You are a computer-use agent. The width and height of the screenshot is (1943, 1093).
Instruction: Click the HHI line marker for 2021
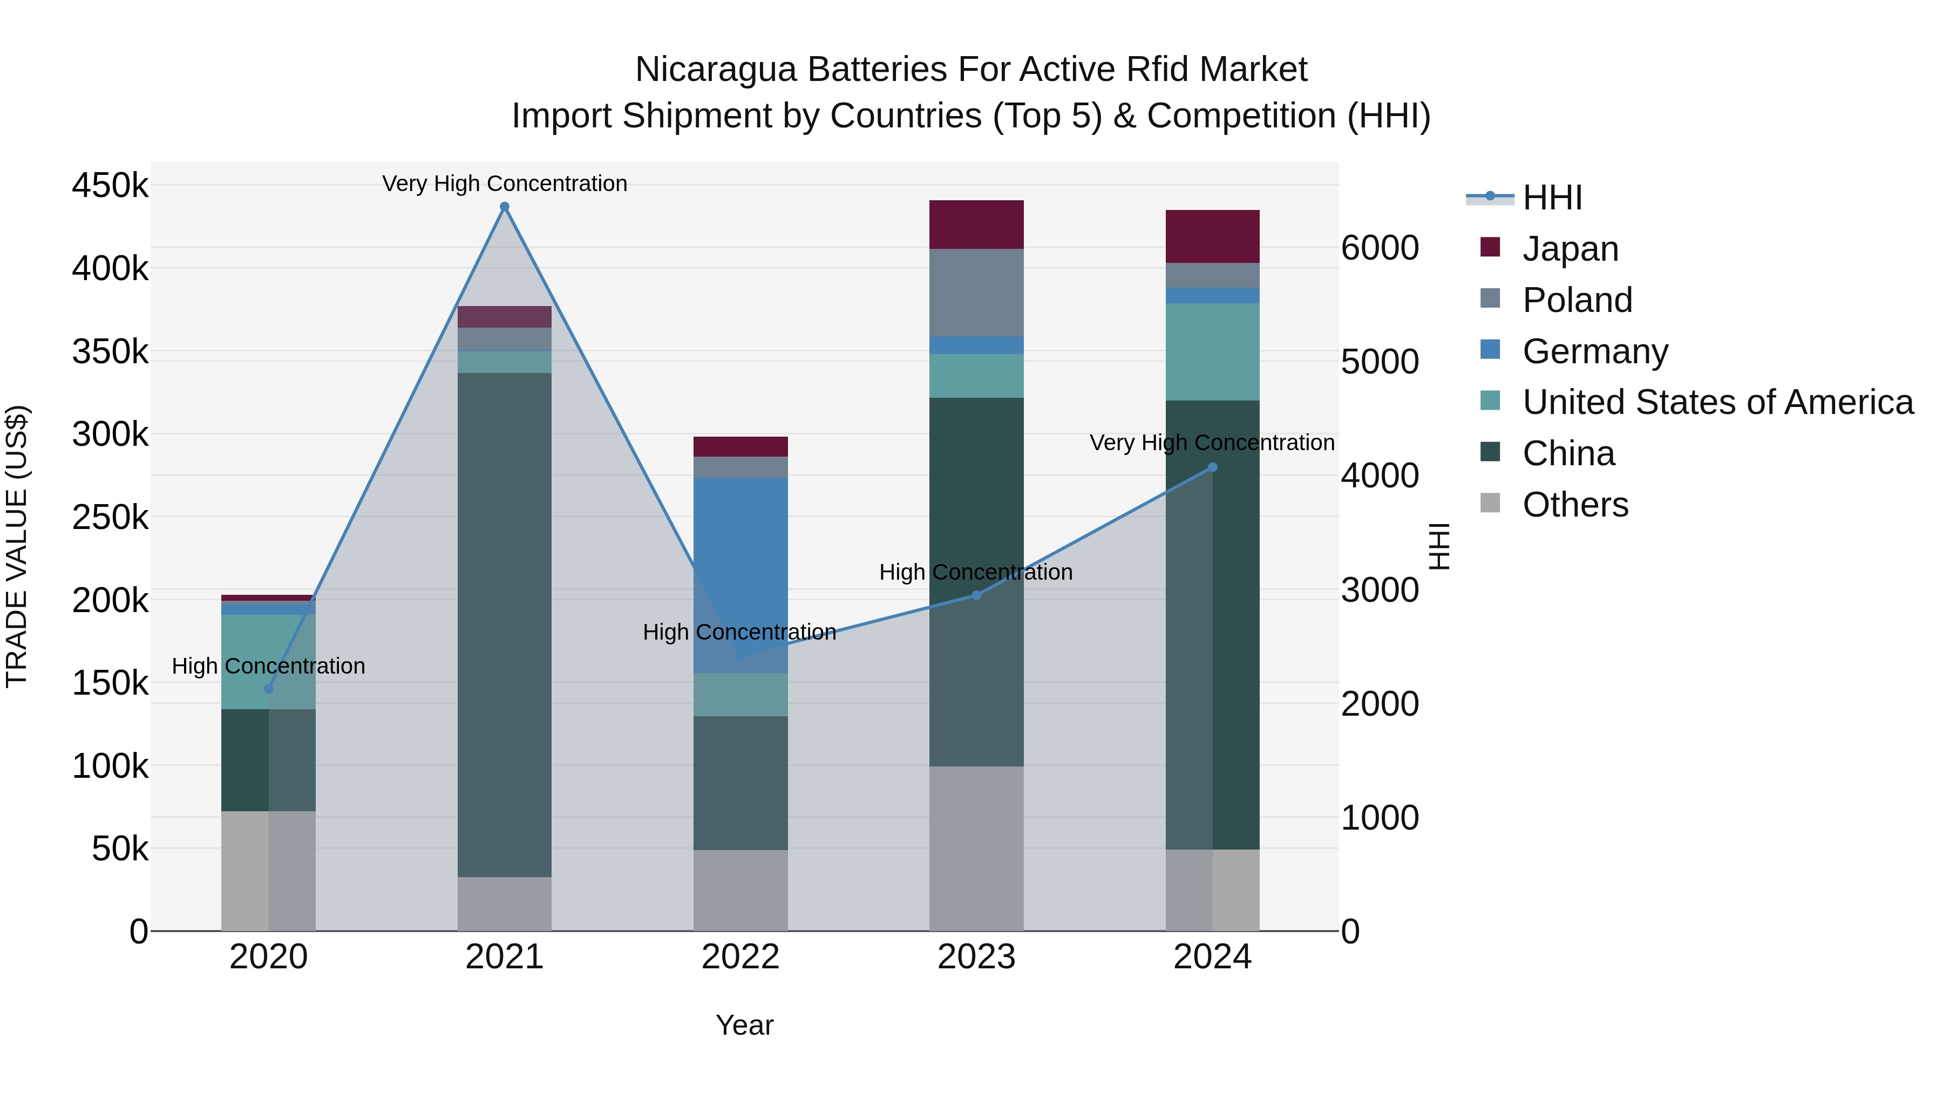(x=505, y=207)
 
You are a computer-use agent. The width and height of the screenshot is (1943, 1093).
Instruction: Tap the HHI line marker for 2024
(x=1212, y=467)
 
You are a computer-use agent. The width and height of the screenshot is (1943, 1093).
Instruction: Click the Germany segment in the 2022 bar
(x=740, y=573)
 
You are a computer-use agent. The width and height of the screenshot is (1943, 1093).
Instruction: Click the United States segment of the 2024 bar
(x=1212, y=351)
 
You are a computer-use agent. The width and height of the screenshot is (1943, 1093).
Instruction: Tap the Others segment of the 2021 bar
(x=505, y=904)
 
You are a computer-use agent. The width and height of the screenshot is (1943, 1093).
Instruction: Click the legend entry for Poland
(x=1577, y=300)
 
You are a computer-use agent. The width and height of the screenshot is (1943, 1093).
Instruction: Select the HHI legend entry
(x=1552, y=198)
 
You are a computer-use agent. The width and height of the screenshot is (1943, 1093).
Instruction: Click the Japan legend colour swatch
(x=1490, y=247)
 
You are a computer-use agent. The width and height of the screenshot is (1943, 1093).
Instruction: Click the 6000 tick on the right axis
(x=1380, y=248)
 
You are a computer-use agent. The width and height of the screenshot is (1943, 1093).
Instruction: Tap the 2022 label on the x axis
(x=740, y=957)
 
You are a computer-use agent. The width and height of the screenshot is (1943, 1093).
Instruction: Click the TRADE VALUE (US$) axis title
(x=17, y=546)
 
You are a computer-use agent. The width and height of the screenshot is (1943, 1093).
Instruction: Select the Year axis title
(x=744, y=1025)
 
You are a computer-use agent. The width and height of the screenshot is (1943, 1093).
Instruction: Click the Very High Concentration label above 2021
(x=505, y=184)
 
